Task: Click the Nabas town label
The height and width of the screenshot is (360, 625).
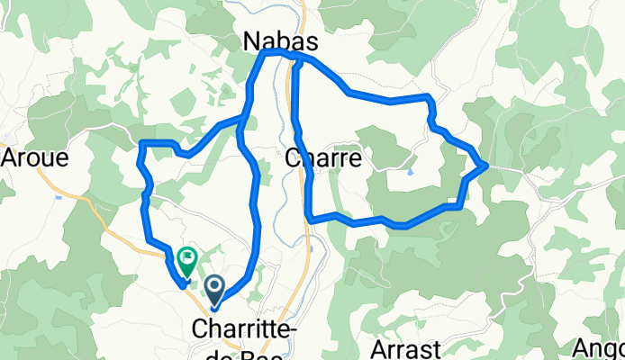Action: point(276,40)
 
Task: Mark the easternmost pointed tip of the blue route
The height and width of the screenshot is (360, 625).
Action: point(487,165)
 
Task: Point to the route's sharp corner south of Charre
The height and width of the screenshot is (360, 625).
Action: point(310,217)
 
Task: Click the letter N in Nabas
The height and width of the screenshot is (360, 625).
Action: point(251,40)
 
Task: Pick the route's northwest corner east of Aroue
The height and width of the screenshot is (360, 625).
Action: point(143,143)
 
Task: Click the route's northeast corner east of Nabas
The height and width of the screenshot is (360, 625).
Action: point(429,96)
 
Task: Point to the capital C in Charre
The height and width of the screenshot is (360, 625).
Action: point(292,158)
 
